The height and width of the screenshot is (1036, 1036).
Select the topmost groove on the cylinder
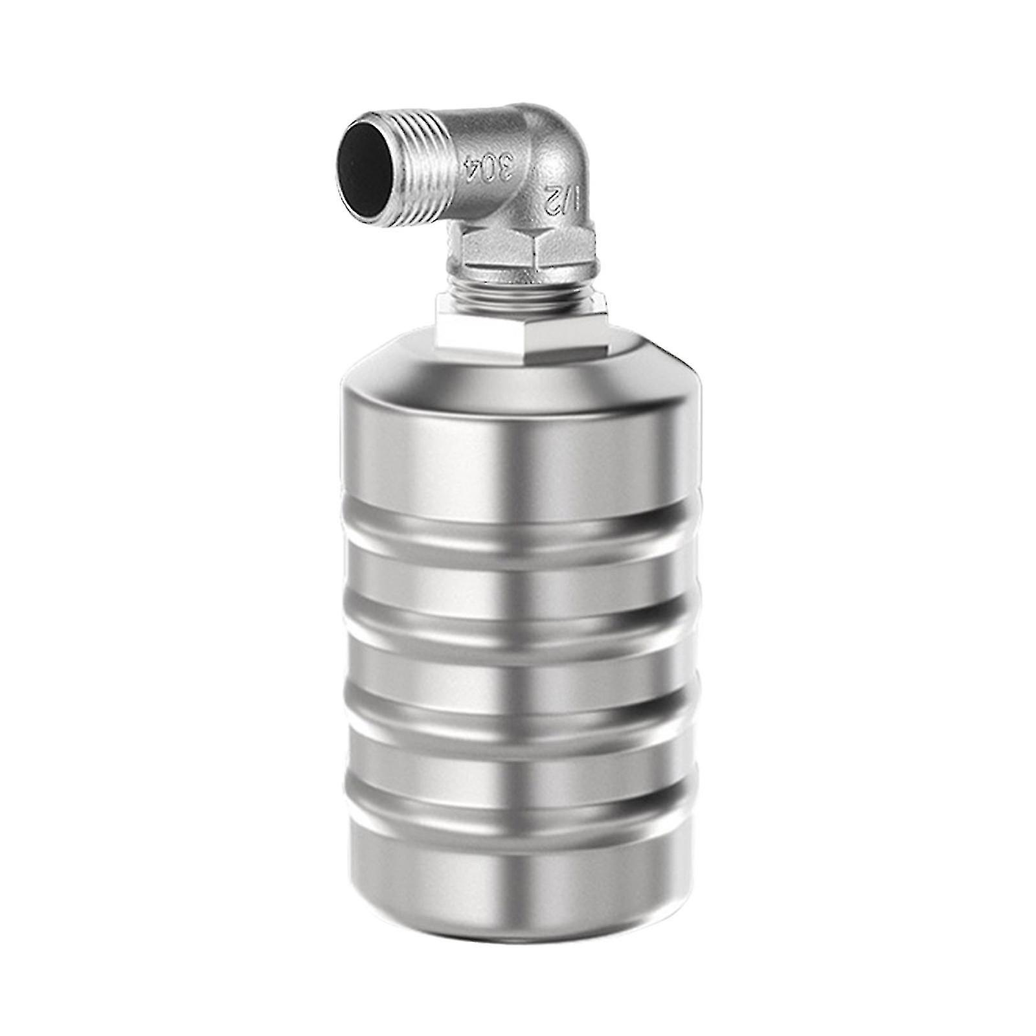[518, 541]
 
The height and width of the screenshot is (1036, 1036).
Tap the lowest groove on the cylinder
[518, 787]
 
